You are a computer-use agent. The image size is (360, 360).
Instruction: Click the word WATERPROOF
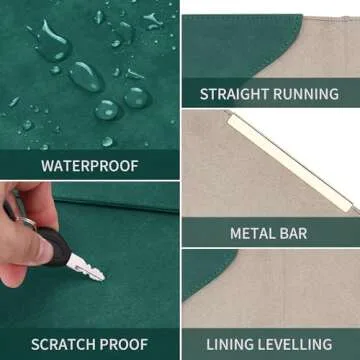90,166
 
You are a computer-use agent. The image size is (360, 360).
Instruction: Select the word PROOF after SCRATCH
123,344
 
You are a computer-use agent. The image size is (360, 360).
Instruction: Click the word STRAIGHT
234,94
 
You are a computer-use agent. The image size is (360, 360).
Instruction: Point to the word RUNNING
306,94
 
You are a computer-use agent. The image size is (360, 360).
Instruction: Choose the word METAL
251,233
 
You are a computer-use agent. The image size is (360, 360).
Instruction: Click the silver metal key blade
86,267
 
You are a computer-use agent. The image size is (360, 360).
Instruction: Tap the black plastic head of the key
55,246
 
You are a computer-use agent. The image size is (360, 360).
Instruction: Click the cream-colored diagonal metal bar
289,162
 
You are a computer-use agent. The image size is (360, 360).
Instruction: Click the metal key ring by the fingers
26,221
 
